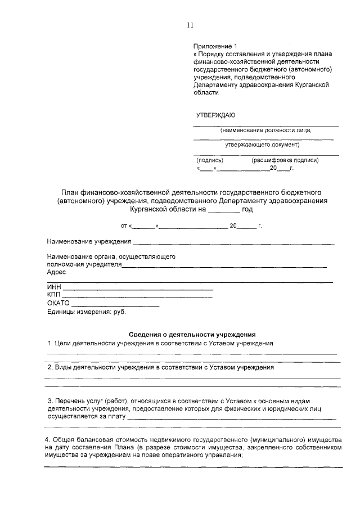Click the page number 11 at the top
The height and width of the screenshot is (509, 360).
point(190,25)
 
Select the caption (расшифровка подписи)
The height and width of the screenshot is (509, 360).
point(285,160)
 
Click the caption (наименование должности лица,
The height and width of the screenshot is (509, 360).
point(265,130)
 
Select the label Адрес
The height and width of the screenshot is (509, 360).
point(56,272)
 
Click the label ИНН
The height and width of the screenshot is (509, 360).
point(53,287)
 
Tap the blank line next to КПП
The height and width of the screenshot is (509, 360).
point(137,296)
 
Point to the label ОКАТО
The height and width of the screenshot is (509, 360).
point(58,304)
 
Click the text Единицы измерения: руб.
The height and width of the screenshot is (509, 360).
point(87,312)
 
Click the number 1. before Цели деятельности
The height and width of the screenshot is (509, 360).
point(50,343)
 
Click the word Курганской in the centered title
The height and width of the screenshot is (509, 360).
point(147,209)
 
